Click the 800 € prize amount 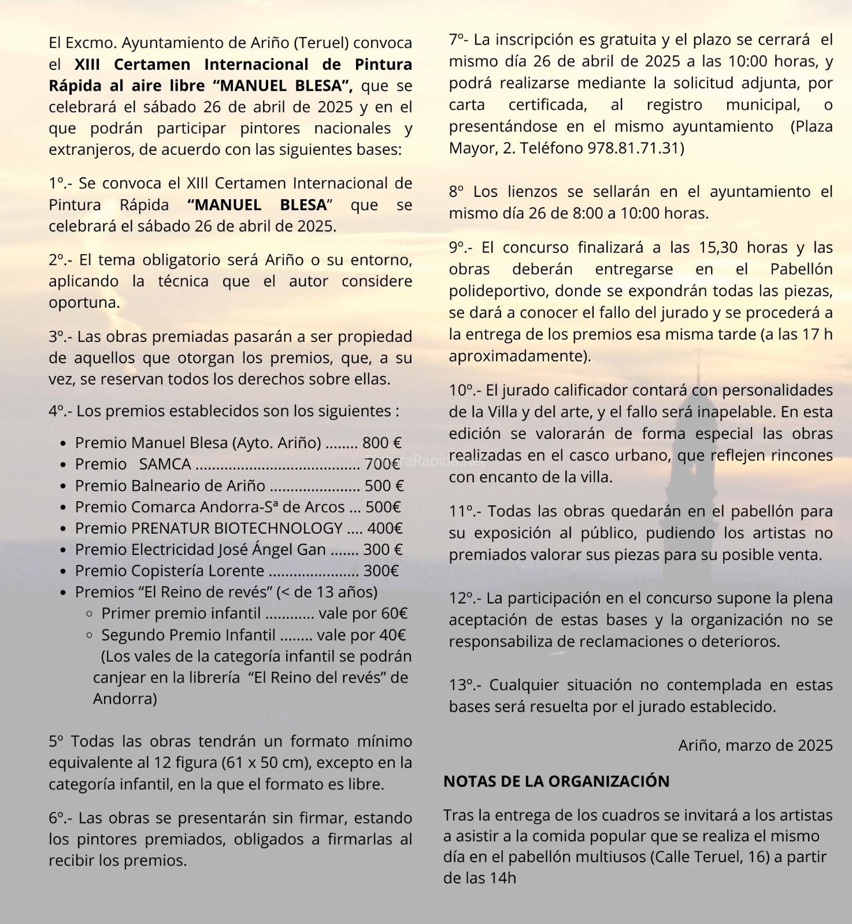click(381, 443)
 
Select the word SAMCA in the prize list click(165, 464)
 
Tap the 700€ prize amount click(382, 464)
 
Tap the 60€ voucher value click(395, 613)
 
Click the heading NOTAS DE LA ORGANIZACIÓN click(556, 781)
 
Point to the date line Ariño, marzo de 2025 click(755, 746)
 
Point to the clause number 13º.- click(465, 685)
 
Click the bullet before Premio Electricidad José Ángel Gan click(64, 550)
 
